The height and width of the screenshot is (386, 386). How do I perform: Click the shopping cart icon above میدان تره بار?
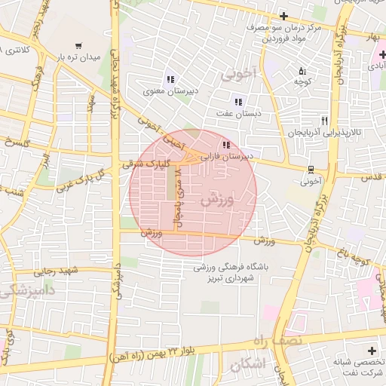(x=78, y=45)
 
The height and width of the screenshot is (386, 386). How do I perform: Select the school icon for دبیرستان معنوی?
(x=170, y=80)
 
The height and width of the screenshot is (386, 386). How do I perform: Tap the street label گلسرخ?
(x=15, y=142)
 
